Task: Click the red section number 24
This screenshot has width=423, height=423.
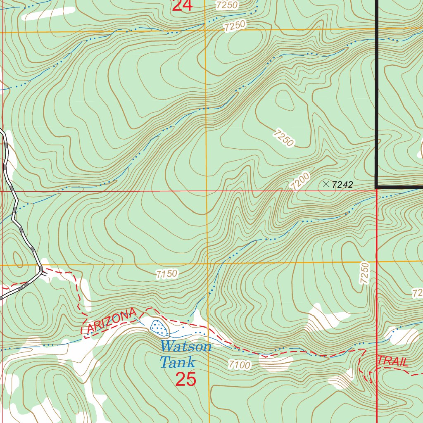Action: (x=182, y=6)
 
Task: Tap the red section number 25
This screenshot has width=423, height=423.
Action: (x=185, y=379)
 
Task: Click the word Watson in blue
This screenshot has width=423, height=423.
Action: (x=186, y=346)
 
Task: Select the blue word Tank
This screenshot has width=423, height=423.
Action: (x=177, y=362)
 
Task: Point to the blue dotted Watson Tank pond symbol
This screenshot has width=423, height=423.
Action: (x=159, y=327)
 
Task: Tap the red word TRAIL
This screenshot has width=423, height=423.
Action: (x=393, y=361)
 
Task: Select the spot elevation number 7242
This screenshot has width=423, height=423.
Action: (x=342, y=185)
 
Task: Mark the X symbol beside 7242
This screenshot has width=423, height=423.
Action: (x=326, y=184)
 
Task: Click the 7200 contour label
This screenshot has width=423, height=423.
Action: (x=300, y=181)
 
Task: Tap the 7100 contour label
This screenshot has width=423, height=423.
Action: (x=239, y=365)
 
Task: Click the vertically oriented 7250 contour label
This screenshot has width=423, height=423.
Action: (x=364, y=272)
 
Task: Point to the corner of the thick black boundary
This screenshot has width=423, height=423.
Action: (x=377, y=187)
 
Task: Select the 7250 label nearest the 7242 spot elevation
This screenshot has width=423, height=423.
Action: (x=284, y=138)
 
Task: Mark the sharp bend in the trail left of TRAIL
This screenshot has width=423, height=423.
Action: (x=364, y=350)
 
